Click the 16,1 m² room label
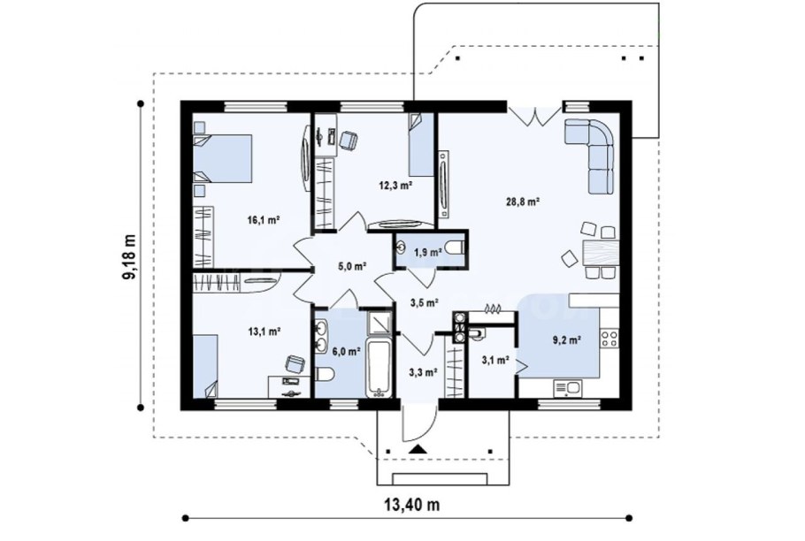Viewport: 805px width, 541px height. [x=264, y=220]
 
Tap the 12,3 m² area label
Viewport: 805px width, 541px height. [x=395, y=186]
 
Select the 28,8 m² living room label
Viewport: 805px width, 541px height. [x=523, y=202]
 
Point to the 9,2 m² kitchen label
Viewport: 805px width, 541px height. [x=567, y=339]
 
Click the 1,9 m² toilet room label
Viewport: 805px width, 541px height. [x=428, y=252]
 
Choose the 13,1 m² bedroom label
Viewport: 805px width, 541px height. [x=264, y=331]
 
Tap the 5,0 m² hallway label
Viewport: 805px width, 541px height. [x=352, y=266]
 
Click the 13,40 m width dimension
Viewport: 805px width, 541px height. [x=412, y=505]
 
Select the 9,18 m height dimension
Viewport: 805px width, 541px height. [x=129, y=256]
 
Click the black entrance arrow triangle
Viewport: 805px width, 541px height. [x=418, y=450]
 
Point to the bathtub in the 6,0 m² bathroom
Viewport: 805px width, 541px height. [x=379, y=367]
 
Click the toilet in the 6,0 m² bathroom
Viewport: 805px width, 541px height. [x=325, y=376]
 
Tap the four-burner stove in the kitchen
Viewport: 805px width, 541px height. [x=609, y=338]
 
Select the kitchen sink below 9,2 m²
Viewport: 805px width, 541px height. [x=568, y=388]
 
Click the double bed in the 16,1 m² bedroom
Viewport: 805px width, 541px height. [x=222, y=158]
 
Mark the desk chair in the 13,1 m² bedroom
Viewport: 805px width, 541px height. [x=295, y=364]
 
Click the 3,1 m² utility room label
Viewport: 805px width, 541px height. [x=494, y=360]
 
